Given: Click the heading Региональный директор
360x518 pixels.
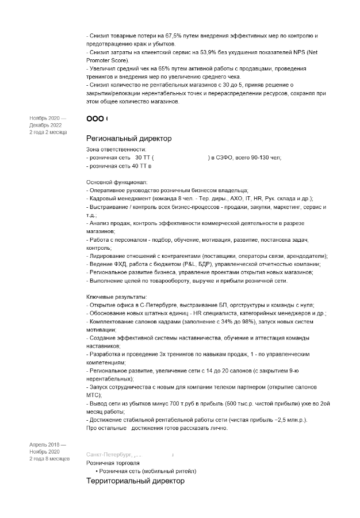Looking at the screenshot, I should tap(128, 139).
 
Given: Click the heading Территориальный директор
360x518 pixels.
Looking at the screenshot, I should tap(135, 481).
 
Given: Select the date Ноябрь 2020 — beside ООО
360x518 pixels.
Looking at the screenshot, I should tap(48, 118).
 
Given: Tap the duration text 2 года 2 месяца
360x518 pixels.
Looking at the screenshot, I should tap(48, 132).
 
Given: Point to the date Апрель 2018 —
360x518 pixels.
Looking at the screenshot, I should tap(48, 445).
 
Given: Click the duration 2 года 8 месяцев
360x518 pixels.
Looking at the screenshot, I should tap(49, 459).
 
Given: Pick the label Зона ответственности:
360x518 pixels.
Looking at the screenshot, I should tap(112, 149).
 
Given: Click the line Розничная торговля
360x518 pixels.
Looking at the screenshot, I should tap(113, 463).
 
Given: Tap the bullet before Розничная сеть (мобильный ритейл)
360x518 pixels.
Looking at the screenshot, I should tap(97, 471).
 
